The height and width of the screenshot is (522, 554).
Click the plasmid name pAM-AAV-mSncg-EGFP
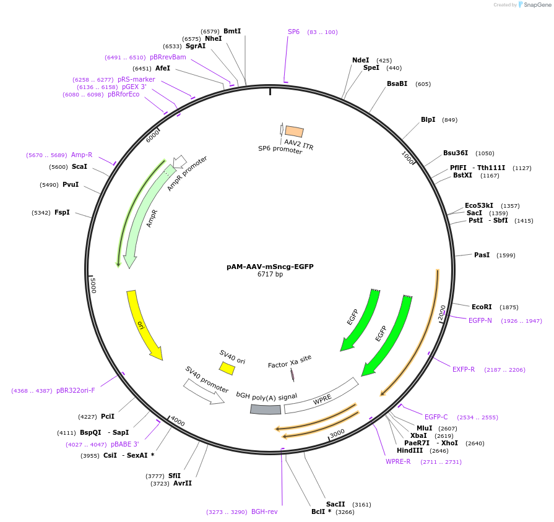(270, 267)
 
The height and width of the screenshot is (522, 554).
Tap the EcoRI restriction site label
(482, 307)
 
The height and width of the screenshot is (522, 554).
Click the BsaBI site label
(397, 83)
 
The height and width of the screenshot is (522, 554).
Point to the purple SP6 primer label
(293, 32)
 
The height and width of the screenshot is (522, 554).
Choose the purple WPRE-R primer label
(398, 461)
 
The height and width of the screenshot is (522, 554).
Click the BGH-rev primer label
(264, 511)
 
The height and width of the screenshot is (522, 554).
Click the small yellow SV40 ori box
(227, 368)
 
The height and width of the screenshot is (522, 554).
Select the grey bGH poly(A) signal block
(266, 409)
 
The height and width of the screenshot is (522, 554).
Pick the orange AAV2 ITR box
(294, 131)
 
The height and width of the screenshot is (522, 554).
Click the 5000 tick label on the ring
(93, 285)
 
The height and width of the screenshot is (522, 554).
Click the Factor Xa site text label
(289, 361)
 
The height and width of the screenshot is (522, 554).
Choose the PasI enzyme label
(482, 255)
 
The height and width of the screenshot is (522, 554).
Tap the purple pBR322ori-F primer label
(76, 390)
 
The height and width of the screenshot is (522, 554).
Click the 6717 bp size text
(270, 274)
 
